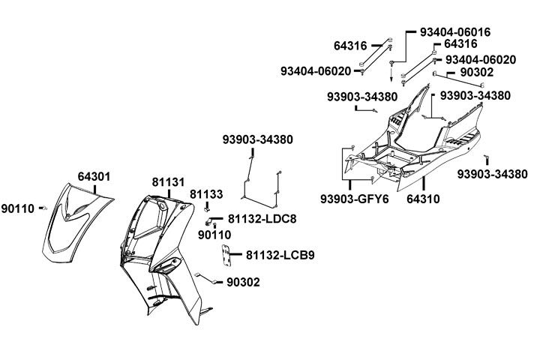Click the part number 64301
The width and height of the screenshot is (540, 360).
point(94,177)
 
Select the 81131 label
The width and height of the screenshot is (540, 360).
point(168,181)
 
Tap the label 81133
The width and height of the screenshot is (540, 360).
point(205,194)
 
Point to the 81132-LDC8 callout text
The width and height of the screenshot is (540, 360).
point(262,219)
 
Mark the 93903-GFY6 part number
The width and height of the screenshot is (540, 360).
point(349,199)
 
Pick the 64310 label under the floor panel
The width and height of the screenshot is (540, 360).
point(423,199)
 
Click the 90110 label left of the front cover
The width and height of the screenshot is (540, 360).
point(17,208)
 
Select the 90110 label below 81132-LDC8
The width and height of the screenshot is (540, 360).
point(214,235)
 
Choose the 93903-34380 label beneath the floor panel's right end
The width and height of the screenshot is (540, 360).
point(492,174)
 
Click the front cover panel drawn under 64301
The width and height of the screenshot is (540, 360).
point(75,225)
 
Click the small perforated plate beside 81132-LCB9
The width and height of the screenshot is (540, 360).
point(223,255)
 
